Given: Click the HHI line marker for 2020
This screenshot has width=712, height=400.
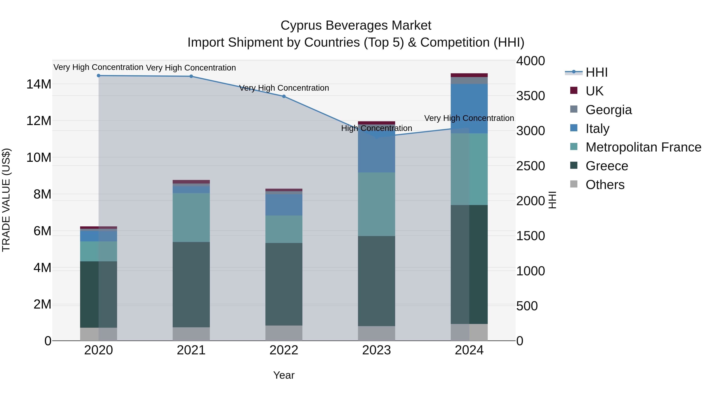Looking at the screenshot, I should pos(98,76).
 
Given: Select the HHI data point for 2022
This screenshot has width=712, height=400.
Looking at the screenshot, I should pos(284,96).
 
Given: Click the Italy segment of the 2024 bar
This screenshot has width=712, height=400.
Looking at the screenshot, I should pos(469,108).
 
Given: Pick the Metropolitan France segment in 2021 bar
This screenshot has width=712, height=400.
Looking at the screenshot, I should pos(191,217).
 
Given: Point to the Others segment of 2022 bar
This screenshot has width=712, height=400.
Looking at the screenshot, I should pos(284,333).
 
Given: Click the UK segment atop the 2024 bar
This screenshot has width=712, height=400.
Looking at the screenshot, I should pos(469,75).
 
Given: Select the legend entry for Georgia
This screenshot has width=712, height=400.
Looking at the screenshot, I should pos(608,110).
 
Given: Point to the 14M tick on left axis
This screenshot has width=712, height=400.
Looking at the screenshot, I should pos(39,84).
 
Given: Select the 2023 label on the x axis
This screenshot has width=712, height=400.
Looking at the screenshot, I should pos(376,350).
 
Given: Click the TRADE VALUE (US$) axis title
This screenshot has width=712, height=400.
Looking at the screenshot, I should pos(6,200).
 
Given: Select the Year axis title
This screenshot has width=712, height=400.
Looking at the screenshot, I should pos(284,375).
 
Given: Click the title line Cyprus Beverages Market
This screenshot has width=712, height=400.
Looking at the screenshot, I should pos(356,25).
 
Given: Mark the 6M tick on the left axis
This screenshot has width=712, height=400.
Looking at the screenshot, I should pos(42,231).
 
